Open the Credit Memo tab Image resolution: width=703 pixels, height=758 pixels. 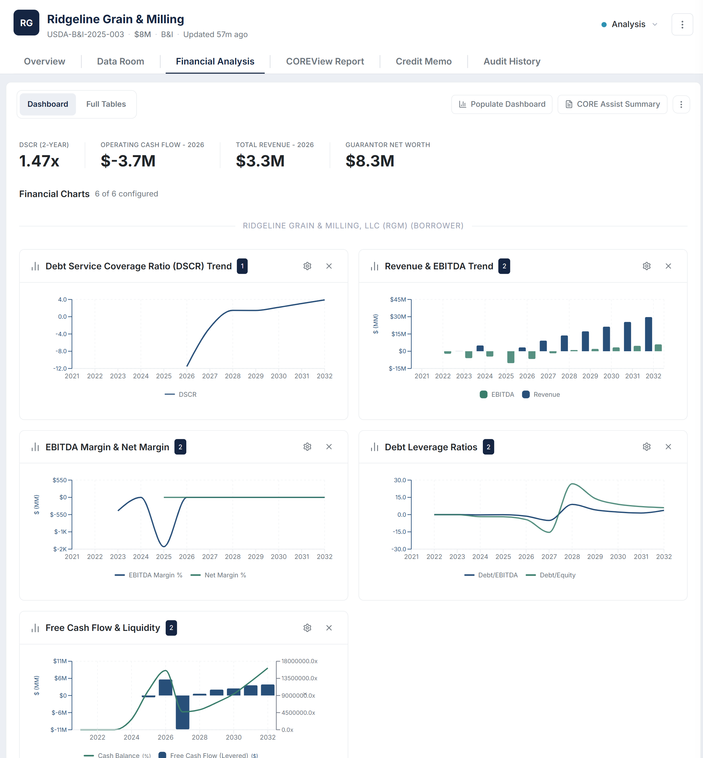[424, 61]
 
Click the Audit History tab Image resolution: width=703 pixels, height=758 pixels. [511, 61]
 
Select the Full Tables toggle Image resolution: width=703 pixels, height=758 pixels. [106, 104]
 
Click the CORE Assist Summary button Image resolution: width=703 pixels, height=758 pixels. [612, 104]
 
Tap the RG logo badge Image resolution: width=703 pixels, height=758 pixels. [26, 23]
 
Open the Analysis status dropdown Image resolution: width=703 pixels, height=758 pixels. [629, 25]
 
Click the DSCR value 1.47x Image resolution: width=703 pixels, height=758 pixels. [39, 161]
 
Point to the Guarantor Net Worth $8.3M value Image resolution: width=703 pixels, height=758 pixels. [369, 161]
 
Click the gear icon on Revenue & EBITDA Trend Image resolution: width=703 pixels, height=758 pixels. [646, 266]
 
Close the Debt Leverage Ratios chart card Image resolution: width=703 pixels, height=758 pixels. [668, 447]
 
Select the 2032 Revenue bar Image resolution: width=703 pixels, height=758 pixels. [648, 334]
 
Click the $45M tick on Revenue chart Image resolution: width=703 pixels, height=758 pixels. [398, 299]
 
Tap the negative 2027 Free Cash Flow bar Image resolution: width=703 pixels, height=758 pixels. [182, 712]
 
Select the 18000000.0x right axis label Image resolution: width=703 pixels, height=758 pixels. [299, 661]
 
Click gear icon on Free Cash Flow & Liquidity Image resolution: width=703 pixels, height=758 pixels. [307, 628]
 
